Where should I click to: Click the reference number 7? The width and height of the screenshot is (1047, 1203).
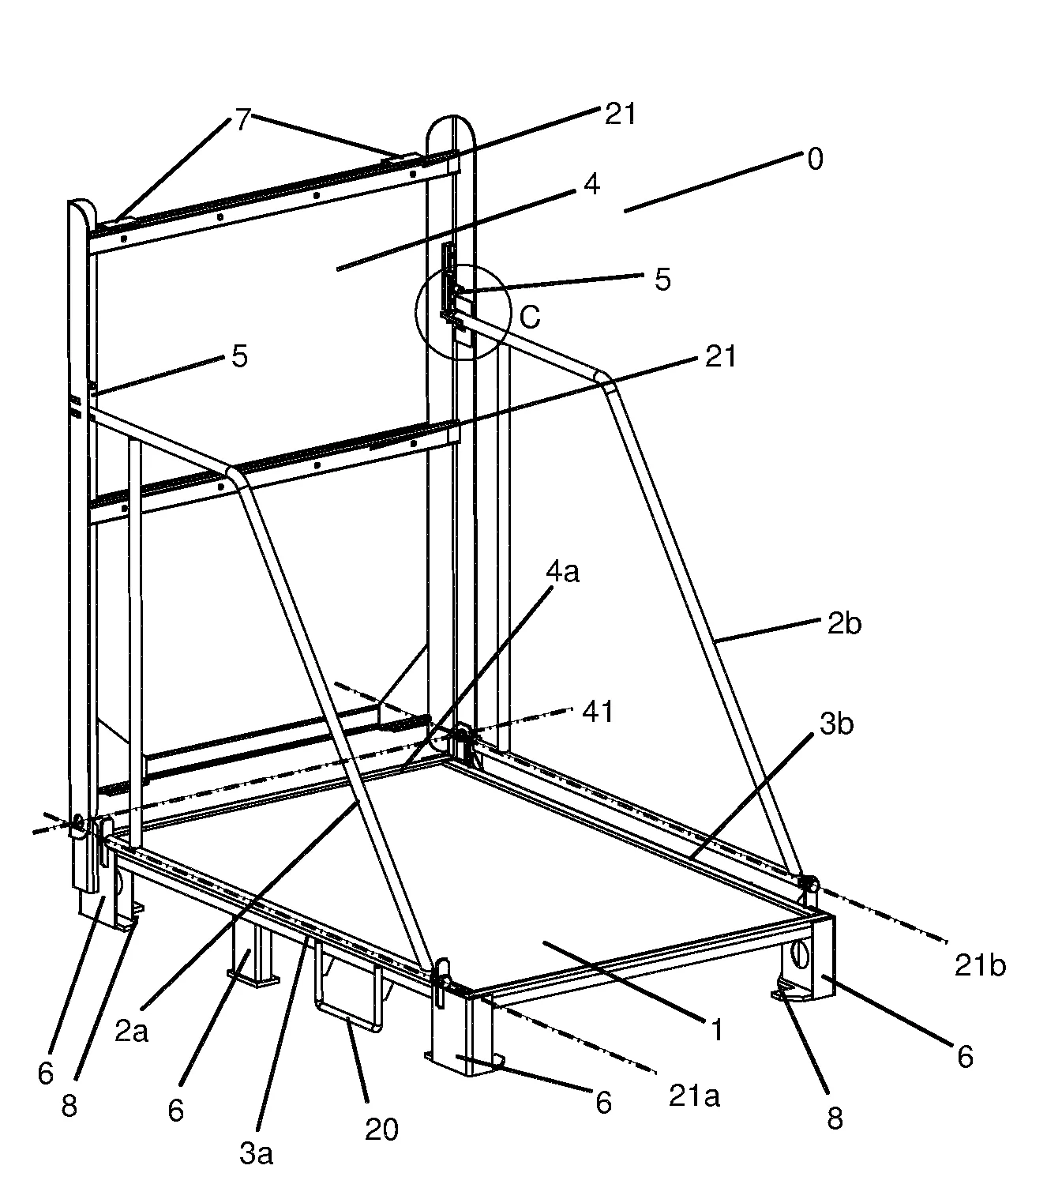243,119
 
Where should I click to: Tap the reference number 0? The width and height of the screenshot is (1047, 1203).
815,159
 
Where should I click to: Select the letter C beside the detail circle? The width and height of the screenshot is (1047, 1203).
530,316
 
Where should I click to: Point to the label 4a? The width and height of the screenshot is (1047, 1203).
562,572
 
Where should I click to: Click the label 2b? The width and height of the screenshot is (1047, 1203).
844,623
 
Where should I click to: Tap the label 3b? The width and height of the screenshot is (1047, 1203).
837,724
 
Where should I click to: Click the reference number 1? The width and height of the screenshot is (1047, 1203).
717,1030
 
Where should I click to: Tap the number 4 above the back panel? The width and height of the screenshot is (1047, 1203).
591,185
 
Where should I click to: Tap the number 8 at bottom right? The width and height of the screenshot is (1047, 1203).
835,1118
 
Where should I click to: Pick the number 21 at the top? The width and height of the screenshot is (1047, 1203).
621,114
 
